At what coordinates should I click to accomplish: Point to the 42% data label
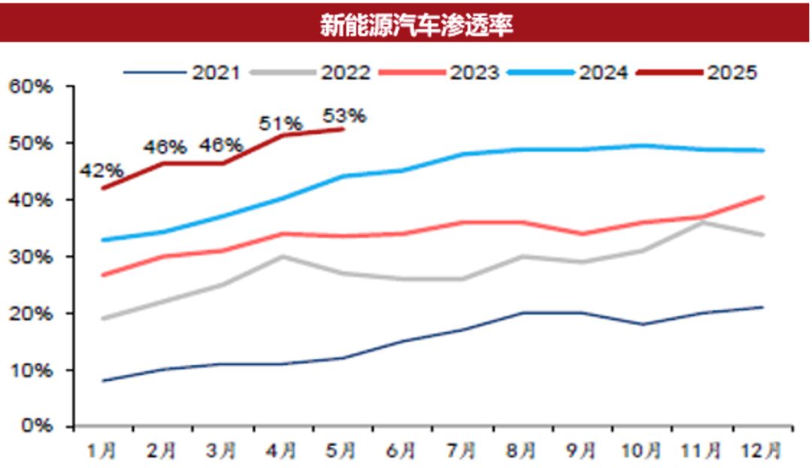(101, 172)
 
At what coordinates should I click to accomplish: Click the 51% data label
(281, 122)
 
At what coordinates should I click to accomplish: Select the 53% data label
(344, 116)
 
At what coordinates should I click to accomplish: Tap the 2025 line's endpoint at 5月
(343, 129)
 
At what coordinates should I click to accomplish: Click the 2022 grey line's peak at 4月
(283, 256)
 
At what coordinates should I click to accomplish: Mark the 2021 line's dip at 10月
(643, 325)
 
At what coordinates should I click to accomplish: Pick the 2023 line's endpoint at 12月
(763, 197)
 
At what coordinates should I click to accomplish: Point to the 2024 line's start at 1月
(103, 240)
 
